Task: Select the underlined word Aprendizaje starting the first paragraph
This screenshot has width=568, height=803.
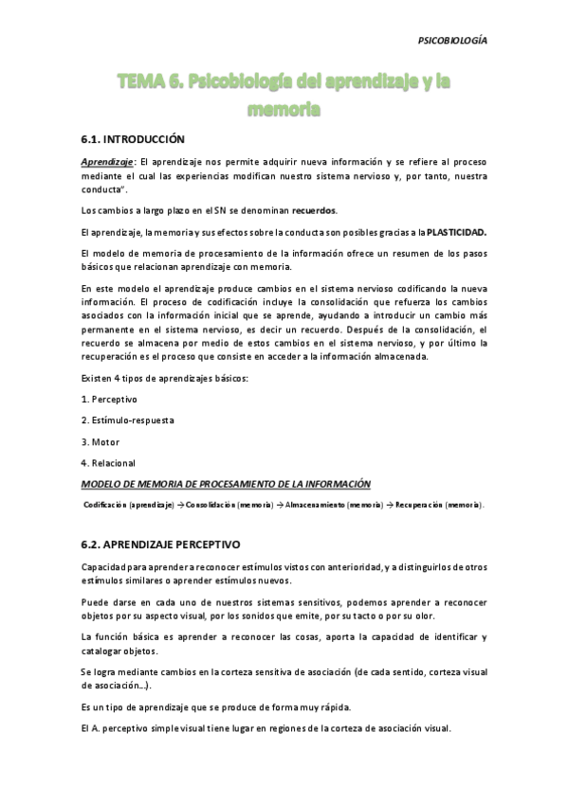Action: tap(106, 162)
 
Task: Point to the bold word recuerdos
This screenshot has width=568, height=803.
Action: tap(309, 209)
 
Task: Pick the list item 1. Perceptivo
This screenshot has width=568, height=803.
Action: tap(110, 399)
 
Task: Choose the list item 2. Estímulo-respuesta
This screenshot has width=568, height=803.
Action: tap(128, 419)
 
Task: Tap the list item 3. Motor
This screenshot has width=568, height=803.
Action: tap(101, 441)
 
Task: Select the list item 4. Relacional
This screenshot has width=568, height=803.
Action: tap(108, 462)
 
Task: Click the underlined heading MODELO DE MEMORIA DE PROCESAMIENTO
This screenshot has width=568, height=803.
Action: tap(226, 483)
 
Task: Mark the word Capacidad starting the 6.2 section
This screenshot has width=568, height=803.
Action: tap(105, 567)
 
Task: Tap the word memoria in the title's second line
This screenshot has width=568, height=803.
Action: tap(284, 110)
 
